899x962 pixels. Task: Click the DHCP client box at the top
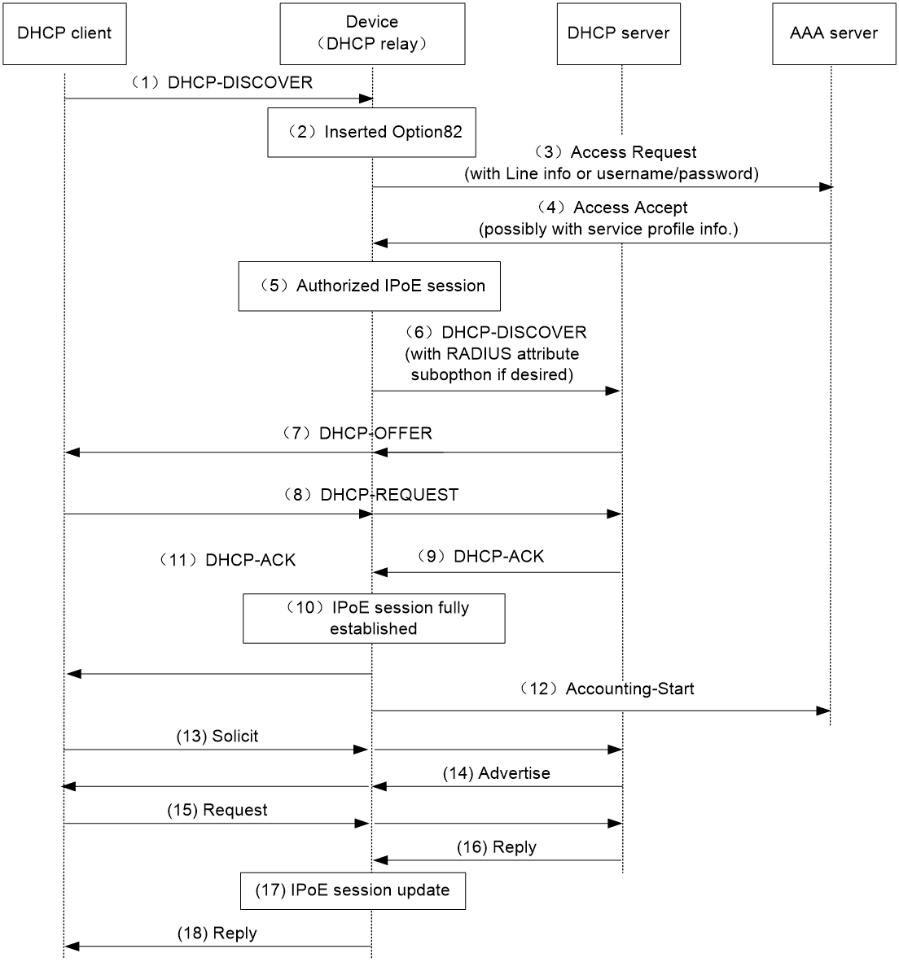point(64,33)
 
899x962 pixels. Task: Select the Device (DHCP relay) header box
point(372,33)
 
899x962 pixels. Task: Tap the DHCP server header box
point(619,33)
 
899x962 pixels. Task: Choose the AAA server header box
point(834,33)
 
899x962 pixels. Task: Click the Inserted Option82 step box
point(372,133)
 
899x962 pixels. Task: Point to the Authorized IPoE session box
point(370,286)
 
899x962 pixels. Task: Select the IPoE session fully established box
point(374,619)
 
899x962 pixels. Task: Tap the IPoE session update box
point(353,891)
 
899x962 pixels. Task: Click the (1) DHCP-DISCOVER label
point(222,82)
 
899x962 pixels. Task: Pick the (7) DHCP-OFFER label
point(357,433)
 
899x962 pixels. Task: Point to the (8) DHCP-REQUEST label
point(371,495)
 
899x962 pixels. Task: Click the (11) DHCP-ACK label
point(228,559)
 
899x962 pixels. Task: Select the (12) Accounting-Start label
point(607,689)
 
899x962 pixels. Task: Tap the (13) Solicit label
point(217,737)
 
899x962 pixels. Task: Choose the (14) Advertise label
point(497,773)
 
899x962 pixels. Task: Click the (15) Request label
point(217,810)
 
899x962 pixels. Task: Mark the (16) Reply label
point(497,847)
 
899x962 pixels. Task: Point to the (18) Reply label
point(217,934)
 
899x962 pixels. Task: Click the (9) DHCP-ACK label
point(480,556)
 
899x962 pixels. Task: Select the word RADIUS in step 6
point(480,354)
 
